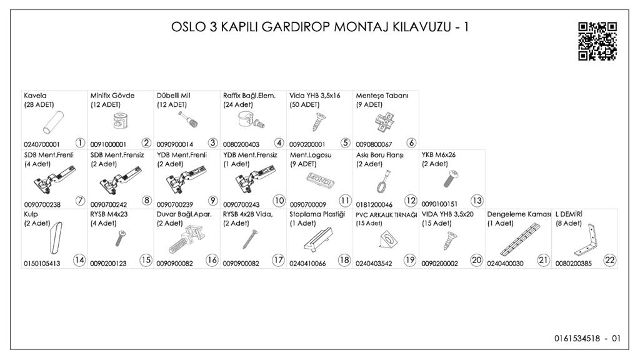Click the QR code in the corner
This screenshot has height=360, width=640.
tap(597, 41)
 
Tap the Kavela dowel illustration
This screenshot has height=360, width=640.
tap(54, 122)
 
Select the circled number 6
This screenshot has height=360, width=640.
tap(411, 143)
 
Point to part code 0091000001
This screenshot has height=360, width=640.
tap(108, 144)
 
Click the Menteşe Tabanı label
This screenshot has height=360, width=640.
tap(382, 96)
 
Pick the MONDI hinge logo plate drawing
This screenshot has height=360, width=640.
tap(321, 180)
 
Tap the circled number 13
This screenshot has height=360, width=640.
tap(477, 201)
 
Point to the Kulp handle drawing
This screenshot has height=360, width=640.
tap(56, 237)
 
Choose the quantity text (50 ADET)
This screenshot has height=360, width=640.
tap(304, 104)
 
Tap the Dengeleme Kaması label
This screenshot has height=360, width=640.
tap(519, 214)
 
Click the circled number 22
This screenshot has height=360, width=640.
tap(610, 260)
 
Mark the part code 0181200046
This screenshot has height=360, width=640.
tap(374, 204)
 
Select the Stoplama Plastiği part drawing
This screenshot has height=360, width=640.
tap(318, 240)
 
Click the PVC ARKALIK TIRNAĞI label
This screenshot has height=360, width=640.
tap(386, 215)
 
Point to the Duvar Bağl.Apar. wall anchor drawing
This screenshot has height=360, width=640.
tap(186, 241)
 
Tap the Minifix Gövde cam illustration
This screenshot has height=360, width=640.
tap(120, 121)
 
